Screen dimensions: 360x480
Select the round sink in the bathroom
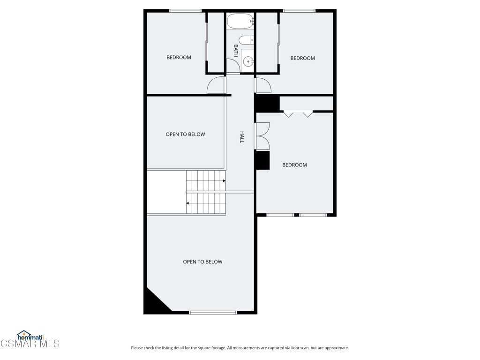click(248, 61)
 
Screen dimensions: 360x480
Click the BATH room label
click(236, 51)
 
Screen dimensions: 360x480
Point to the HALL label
click(242, 137)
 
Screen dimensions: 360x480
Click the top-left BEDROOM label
click(179, 58)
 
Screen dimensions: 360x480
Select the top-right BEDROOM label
click(302, 58)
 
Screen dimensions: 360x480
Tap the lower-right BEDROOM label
click(294, 165)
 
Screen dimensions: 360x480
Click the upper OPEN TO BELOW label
click(185, 135)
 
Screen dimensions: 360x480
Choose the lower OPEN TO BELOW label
click(202, 262)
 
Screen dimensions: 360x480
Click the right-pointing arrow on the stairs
click(224, 181)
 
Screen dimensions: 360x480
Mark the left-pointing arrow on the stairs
click(188, 203)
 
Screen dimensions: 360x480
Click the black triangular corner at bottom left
click(153, 303)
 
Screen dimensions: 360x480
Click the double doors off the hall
click(262, 136)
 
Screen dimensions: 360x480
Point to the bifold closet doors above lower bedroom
click(298, 113)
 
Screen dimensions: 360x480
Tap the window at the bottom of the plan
click(213, 312)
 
